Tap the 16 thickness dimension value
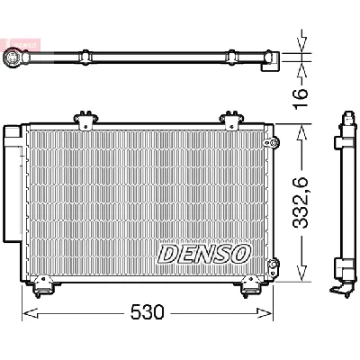[301, 92]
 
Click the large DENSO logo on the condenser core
[204, 255]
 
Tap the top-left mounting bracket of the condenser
[85, 120]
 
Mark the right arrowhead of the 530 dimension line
[271, 313]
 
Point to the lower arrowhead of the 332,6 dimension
[300, 274]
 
